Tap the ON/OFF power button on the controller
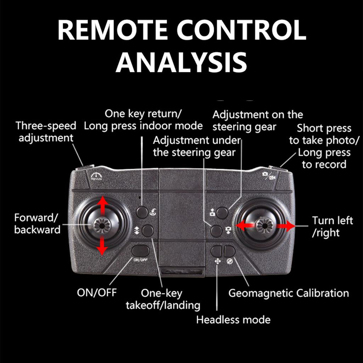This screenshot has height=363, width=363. tap(140, 251)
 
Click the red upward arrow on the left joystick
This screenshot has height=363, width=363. tap(103, 205)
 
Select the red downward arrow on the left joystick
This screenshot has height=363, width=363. tap(103, 246)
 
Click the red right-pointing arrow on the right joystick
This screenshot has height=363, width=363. tap(286, 225)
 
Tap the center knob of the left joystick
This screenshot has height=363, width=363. tap(103, 224)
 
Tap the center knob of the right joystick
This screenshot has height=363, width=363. tap(264, 224)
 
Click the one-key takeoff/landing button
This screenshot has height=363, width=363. tap(148, 231)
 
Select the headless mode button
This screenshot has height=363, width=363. tap(216, 251)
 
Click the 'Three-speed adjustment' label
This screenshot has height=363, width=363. tap(46, 132)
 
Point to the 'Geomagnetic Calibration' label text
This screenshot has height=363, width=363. tap(289, 294)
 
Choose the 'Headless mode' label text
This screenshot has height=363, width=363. tap(233, 320)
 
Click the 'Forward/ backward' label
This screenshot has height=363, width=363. tap(37, 223)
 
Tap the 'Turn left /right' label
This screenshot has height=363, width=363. tap(332, 227)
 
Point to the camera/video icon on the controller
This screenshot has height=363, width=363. tap(269, 175)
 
